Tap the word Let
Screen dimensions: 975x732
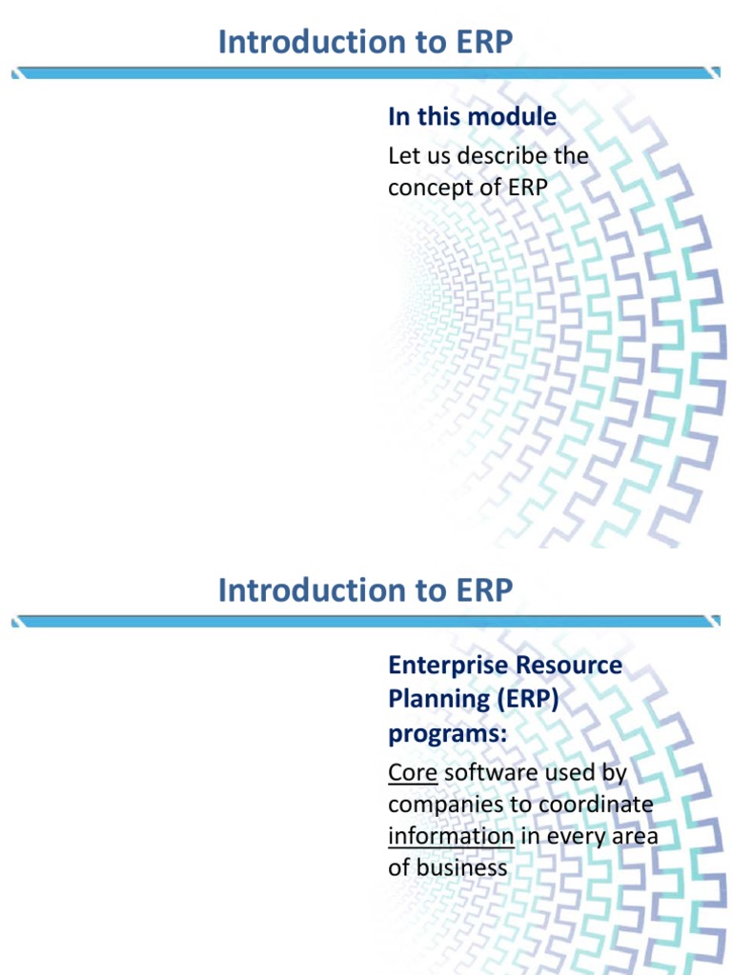[402, 155]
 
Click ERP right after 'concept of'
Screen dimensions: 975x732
[528, 188]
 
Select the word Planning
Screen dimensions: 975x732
[430, 699]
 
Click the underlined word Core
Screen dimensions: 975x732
[413, 772]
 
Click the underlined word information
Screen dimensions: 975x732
[451, 836]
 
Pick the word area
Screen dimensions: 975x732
[639, 836]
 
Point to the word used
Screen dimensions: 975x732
[556, 772]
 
